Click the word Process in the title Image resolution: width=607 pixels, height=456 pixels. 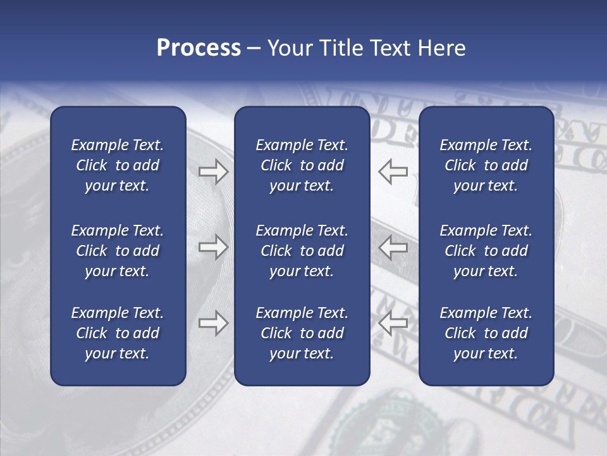coord(199,48)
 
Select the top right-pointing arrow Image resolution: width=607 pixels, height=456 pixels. coord(213,171)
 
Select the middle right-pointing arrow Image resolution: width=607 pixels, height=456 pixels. coord(213,247)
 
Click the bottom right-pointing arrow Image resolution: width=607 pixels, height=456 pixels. coord(213,323)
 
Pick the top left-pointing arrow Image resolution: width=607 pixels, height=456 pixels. coord(393,171)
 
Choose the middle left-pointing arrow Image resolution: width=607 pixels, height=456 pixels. coord(393,247)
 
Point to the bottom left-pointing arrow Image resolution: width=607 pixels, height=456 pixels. coord(393,323)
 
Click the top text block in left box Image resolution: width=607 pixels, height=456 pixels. coord(118,165)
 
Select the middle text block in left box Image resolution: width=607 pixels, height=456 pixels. coord(118,251)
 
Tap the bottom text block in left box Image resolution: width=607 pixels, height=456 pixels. coord(118,333)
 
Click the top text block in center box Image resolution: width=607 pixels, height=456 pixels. coord(302,165)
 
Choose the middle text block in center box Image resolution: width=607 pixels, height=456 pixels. coord(302,251)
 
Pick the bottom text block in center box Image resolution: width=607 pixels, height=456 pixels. coord(302,333)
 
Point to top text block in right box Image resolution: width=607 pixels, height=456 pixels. coord(486,165)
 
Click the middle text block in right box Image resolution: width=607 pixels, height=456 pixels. coord(486,251)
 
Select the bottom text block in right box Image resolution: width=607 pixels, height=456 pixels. coord(486,333)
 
